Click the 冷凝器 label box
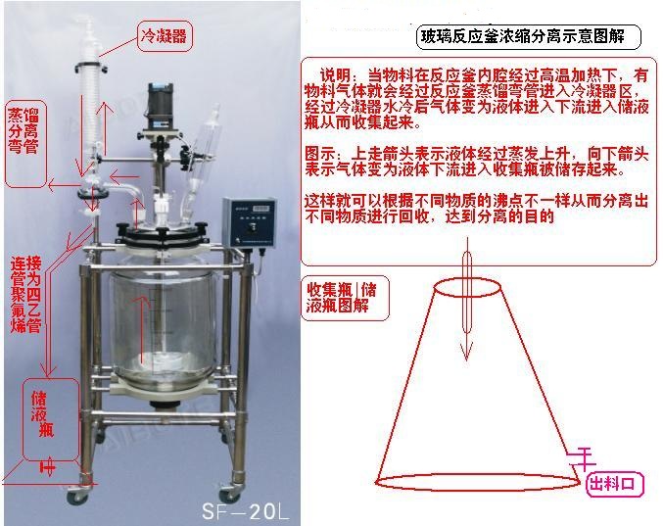tap(163, 37)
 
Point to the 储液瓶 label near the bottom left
tap(39, 416)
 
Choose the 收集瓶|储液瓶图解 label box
tap(344, 297)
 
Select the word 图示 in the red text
tap(322, 156)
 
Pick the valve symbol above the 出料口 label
tap(585, 454)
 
